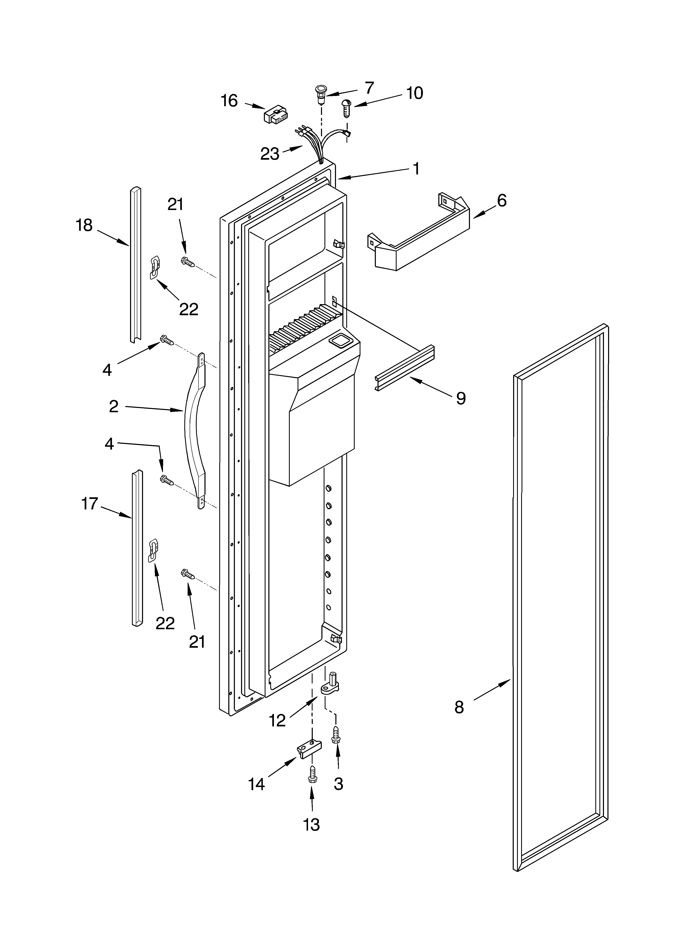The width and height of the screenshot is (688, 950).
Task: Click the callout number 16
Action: [x=229, y=101]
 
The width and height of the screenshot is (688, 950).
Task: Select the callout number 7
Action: [x=369, y=88]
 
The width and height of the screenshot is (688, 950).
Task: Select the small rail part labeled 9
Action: [x=405, y=368]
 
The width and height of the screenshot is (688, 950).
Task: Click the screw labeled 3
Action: [x=336, y=735]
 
